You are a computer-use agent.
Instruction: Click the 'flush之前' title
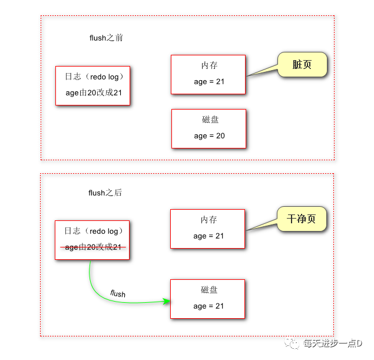[x=106, y=38]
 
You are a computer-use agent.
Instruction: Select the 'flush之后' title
[x=105, y=193]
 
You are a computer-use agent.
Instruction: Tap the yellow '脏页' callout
[x=302, y=65]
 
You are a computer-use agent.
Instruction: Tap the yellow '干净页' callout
[x=301, y=219]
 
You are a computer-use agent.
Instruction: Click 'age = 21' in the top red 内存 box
[x=209, y=82]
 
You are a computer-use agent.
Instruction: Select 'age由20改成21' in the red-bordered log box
[x=93, y=93]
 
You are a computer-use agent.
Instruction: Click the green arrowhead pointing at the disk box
[x=167, y=301]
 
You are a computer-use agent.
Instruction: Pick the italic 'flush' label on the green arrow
[x=118, y=293]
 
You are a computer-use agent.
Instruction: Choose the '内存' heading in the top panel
[x=209, y=66]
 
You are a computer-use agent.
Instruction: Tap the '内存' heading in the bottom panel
[x=208, y=220]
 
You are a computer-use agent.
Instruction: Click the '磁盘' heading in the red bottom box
[x=209, y=290]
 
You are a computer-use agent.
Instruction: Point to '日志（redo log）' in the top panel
[x=93, y=77]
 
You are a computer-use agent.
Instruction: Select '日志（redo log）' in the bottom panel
[x=92, y=232]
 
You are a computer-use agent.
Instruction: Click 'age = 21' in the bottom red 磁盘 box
[x=208, y=306]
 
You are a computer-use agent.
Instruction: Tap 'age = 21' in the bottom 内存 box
[x=208, y=236]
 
